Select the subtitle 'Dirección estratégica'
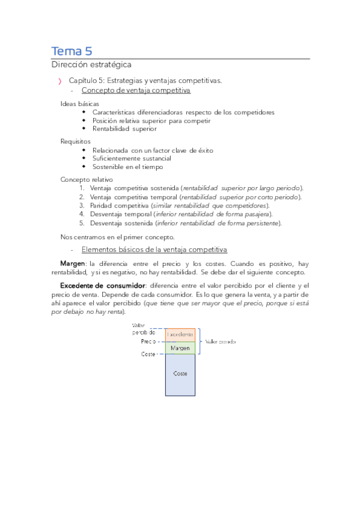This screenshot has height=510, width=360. (x=91, y=64)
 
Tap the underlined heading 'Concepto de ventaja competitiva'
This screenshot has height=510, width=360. (x=136, y=90)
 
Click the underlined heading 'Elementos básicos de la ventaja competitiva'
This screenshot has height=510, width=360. (x=154, y=249)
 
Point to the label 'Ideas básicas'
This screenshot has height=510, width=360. (x=80, y=103)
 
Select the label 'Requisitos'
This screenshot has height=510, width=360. (x=76, y=141)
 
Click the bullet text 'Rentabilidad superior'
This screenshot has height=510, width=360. (x=124, y=128)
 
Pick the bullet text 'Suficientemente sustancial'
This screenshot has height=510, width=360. (x=132, y=158)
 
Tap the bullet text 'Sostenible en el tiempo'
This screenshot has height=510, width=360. (x=127, y=167)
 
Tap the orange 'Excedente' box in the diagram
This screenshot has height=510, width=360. (x=180, y=334)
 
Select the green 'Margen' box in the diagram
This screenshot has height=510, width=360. (x=180, y=348)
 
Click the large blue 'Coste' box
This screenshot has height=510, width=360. (x=180, y=374)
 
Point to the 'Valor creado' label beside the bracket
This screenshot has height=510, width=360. (x=221, y=341)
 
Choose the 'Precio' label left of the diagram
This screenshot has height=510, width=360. (x=148, y=341)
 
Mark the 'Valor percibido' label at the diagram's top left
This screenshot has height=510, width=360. (x=144, y=328)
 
